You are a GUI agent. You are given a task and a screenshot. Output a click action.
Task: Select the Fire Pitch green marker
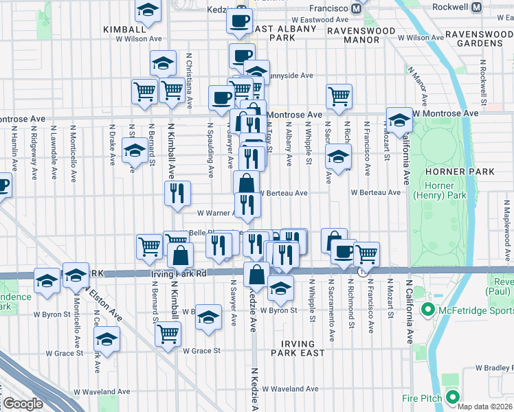tap(452, 396)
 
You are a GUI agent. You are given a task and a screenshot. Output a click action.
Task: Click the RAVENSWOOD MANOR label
tap(361, 35)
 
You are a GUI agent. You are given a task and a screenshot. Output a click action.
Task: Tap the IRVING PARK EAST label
tap(298, 348)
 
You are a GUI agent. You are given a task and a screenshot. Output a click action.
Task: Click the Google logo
tap(23, 404)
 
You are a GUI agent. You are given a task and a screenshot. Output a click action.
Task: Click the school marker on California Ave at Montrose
tap(399, 120)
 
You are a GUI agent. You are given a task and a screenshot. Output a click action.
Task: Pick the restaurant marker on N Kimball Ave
tap(177, 193)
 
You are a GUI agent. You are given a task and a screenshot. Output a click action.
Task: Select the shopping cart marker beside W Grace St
tap(168, 334)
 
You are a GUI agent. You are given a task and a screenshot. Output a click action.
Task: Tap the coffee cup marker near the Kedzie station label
tap(239, 21)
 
